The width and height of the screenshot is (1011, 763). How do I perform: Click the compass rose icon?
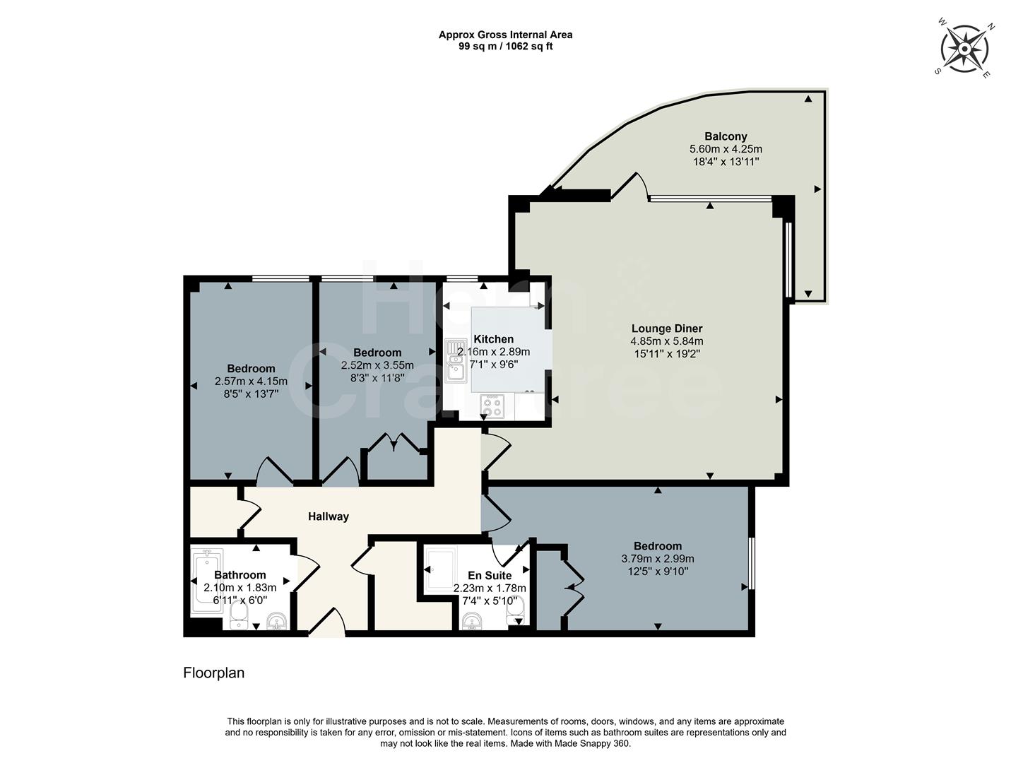(x=964, y=49)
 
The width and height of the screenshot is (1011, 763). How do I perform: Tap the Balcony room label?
(x=726, y=136)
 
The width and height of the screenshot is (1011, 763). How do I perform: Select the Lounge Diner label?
(x=667, y=329)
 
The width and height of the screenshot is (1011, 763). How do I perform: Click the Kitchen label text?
(x=493, y=339)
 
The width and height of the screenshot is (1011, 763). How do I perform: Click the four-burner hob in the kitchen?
(x=492, y=406)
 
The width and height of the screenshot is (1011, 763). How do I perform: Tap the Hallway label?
(x=328, y=516)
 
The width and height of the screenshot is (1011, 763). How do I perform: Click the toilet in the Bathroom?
(x=240, y=616)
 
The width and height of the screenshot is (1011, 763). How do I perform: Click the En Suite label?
(x=489, y=575)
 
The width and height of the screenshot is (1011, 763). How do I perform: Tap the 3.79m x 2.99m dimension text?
(x=658, y=559)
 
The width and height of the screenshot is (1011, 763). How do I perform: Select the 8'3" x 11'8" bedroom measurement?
(x=377, y=378)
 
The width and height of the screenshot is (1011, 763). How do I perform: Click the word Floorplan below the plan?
(x=213, y=673)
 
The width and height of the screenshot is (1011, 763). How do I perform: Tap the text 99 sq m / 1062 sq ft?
(x=505, y=46)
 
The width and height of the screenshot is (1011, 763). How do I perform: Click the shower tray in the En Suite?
(x=442, y=569)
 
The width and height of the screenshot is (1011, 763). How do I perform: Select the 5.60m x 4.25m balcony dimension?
(x=726, y=149)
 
